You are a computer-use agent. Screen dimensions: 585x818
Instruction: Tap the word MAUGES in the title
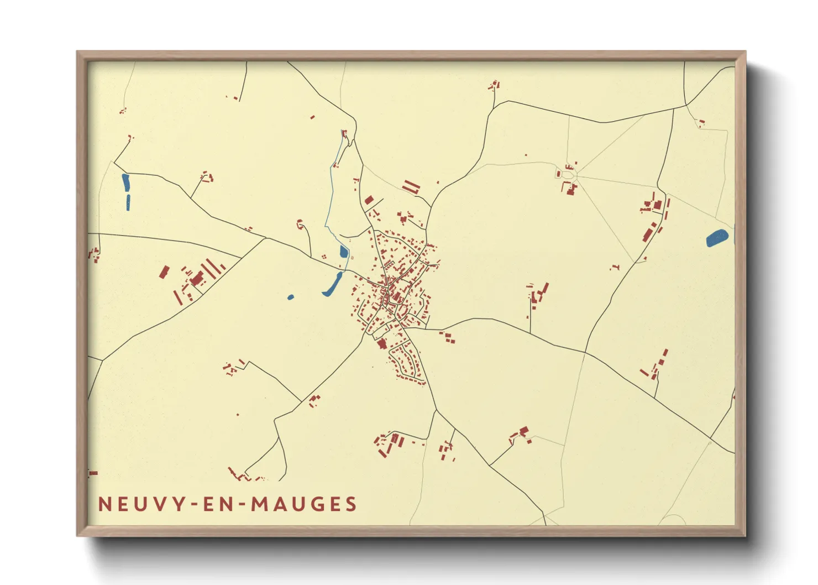tap(303, 504)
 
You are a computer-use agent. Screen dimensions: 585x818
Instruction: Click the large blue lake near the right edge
tap(717, 239)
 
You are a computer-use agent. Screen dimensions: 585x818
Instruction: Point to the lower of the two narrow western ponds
tap(128, 202)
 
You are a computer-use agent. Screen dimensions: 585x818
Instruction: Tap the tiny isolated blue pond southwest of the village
tap(291, 297)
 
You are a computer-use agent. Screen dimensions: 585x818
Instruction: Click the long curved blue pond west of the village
tap(333, 284)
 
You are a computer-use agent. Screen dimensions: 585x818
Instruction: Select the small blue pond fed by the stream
tap(343, 252)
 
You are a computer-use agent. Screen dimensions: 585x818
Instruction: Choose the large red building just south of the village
tap(381, 344)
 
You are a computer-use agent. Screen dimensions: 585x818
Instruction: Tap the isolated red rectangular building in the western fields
tap(164, 272)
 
